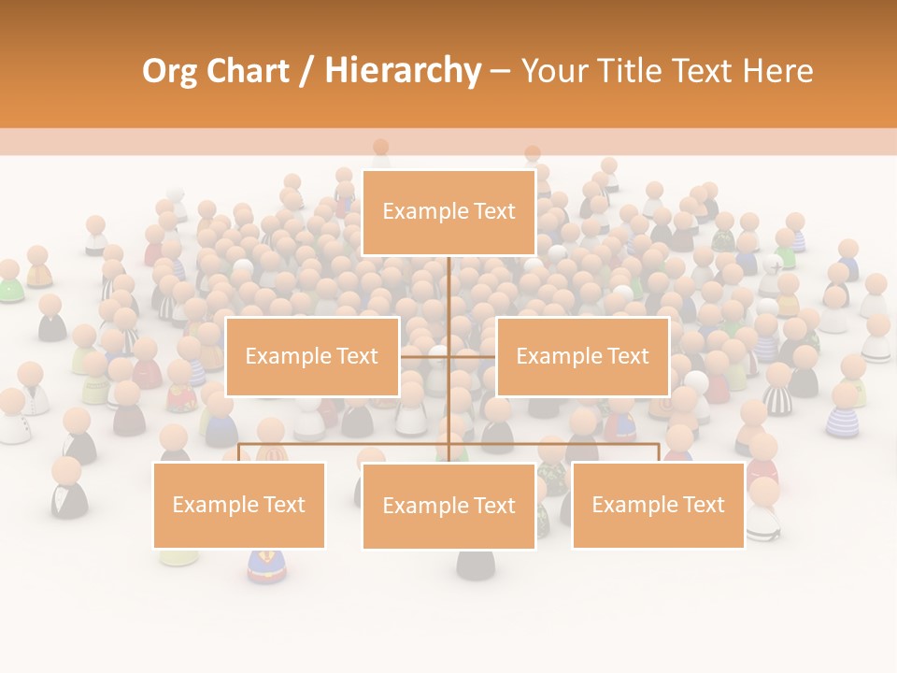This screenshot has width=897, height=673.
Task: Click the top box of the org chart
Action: pos(448,212)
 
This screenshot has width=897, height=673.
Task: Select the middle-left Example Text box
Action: pos(312,356)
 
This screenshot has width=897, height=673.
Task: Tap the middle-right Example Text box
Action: pos(582,356)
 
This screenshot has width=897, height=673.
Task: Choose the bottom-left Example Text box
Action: pos(239,505)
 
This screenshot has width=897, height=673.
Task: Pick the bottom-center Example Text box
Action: pos(448,506)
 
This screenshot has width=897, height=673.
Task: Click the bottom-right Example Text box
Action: pos(658,505)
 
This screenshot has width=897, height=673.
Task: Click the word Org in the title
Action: pos(168,70)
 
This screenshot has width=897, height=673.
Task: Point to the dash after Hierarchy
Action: pos(500,72)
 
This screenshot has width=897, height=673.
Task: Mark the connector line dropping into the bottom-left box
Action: pos(239,452)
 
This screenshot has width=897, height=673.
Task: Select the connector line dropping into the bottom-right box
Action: pos(658,452)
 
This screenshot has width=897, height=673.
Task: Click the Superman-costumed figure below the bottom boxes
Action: pos(265,566)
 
